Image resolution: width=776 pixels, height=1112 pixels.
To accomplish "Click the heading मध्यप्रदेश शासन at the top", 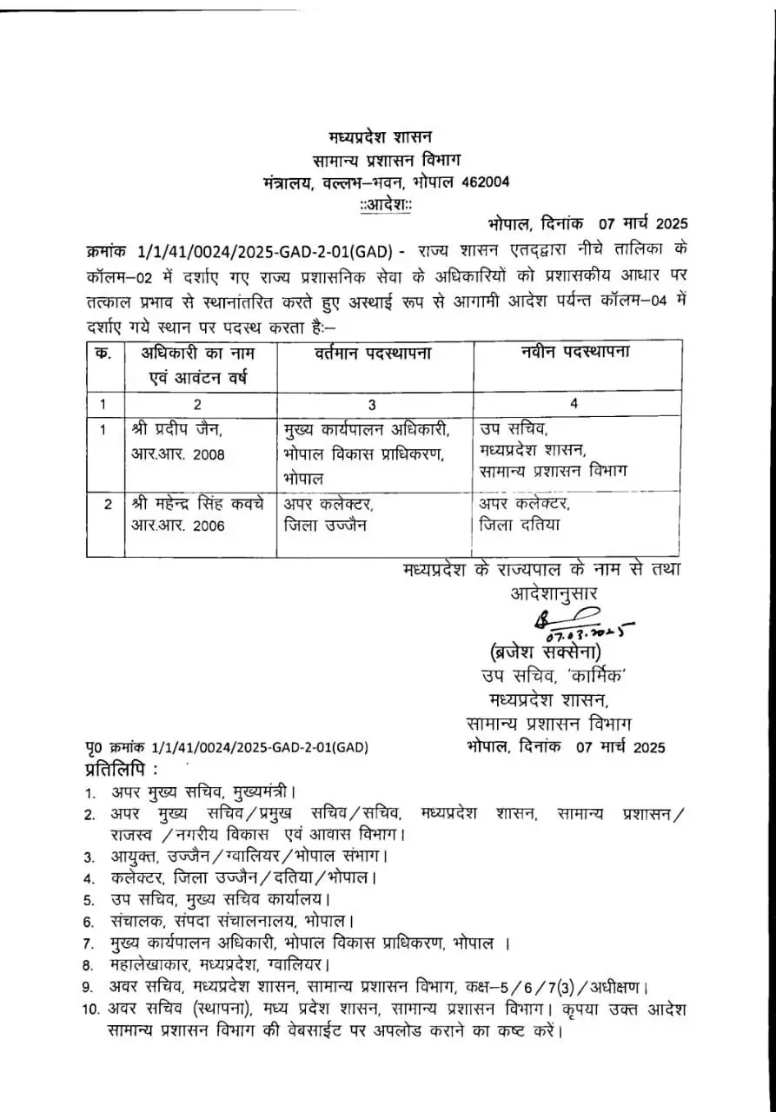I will tap(380, 137).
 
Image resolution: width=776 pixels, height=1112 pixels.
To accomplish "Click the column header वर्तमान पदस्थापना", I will tap(374, 353).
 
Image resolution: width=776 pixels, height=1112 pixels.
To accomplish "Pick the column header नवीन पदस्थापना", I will tap(575, 353).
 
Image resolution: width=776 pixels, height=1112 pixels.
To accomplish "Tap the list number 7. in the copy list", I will tap(89, 943).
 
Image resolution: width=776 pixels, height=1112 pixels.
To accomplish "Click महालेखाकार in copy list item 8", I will tap(149, 964).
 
